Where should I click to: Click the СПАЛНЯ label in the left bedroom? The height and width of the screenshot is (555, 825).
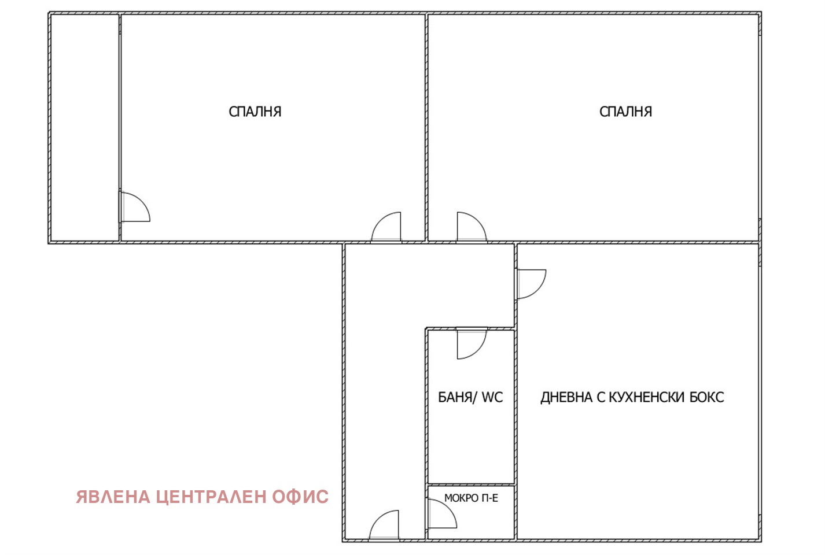tap(255, 112)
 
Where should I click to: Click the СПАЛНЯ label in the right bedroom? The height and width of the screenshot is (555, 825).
tap(625, 112)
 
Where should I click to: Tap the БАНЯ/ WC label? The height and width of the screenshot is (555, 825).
tap(470, 397)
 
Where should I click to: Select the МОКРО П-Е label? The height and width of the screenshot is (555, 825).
tap(471, 498)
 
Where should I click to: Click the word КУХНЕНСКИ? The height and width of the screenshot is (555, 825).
tap(647, 397)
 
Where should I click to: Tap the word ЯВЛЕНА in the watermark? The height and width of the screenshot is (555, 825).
tap(113, 497)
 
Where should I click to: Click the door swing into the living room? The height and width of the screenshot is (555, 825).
tap(530, 283)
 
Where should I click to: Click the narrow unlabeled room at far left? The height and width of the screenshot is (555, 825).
tap(84, 127)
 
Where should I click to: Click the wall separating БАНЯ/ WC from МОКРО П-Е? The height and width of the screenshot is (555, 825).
tap(470, 484)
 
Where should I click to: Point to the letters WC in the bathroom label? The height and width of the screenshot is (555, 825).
tap(492, 397)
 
